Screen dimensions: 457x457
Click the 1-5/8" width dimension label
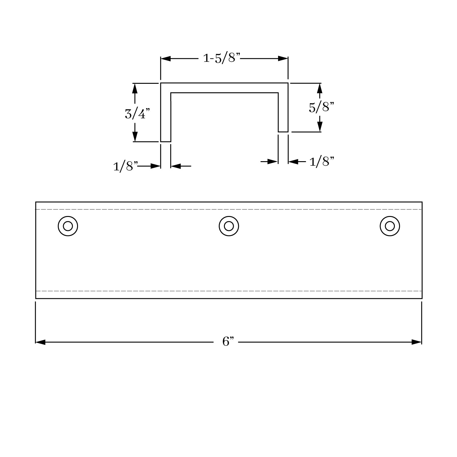[x=222, y=58]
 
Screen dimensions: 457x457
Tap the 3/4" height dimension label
[x=137, y=114]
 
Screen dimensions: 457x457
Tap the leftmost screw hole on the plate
[x=68, y=226]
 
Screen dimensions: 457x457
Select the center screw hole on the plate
[x=229, y=226]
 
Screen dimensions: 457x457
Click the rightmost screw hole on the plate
[x=390, y=226]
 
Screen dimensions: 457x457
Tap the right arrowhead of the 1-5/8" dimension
[x=283, y=59]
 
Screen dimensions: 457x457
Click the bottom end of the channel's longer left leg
[x=166, y=141]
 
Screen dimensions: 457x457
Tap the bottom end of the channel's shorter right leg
[x=283, y=132]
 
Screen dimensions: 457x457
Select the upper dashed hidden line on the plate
[x=228, y=209]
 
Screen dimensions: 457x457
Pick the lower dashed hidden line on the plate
[x=228, y=291]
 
